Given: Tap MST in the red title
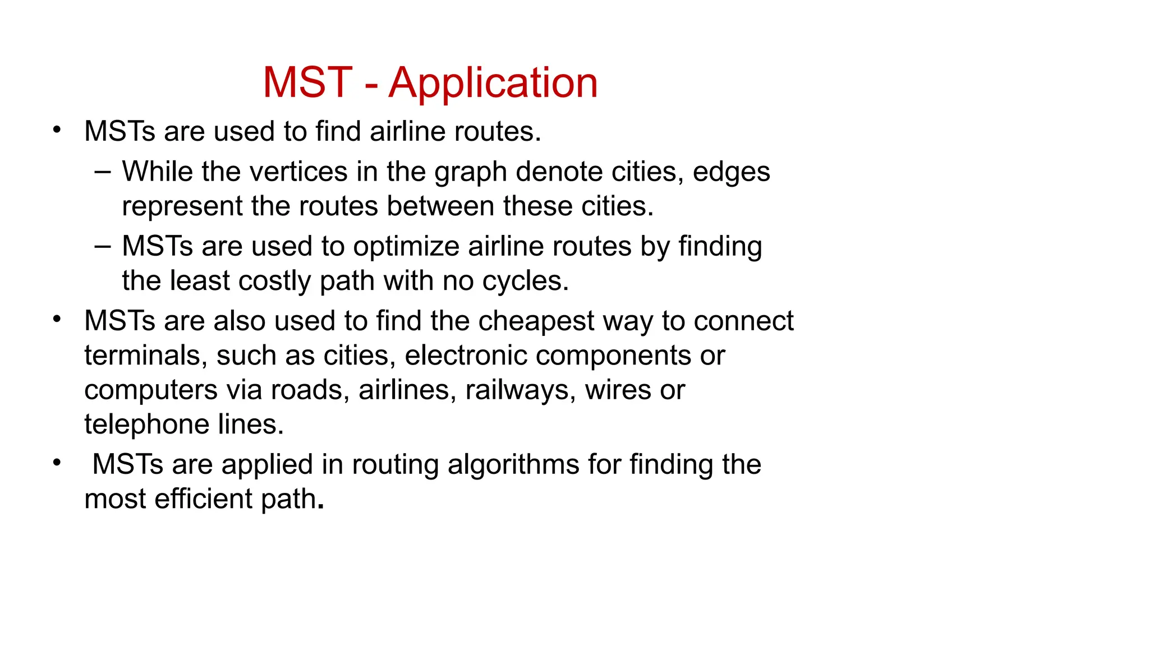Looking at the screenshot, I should click(x=307, y=83).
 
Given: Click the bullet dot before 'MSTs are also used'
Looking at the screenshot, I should click(x=57, y=319).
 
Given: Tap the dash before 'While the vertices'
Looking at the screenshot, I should click(x=103, y=170).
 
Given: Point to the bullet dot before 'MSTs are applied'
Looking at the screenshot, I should click(x=57, y=463).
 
